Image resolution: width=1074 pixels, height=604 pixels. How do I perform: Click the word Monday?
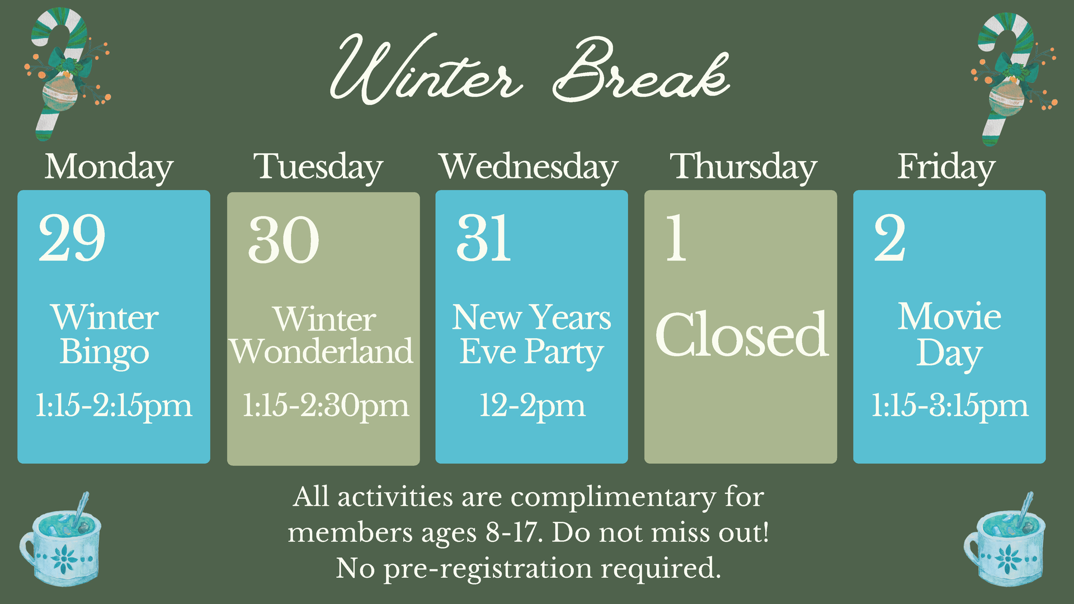tap(109, 167)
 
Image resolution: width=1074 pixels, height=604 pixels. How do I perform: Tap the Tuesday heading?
tap(318, 167)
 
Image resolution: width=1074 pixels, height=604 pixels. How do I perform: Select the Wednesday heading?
tap(529, 167)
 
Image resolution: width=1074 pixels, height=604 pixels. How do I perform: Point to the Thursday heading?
tap(743, 167)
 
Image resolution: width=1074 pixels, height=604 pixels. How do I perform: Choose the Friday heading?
tap(946, 167)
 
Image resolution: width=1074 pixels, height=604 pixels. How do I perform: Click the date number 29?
tap(72, 238)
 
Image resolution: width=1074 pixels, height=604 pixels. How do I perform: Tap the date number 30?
tap(284, 240)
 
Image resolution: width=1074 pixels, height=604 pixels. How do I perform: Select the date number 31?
tap(484, 238)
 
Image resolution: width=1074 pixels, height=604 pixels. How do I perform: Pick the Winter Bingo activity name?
tap(105, 334)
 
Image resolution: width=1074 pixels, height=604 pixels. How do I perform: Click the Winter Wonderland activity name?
tap(322, 336)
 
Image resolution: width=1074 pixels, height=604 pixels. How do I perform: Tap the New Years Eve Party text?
tap(531, 334)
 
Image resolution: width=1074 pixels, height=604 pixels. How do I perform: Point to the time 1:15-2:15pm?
tap(114, 406)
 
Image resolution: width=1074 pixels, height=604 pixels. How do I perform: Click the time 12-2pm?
tap(532, 406)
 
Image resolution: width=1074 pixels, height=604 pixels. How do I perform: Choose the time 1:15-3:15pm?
tap(950, 406)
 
